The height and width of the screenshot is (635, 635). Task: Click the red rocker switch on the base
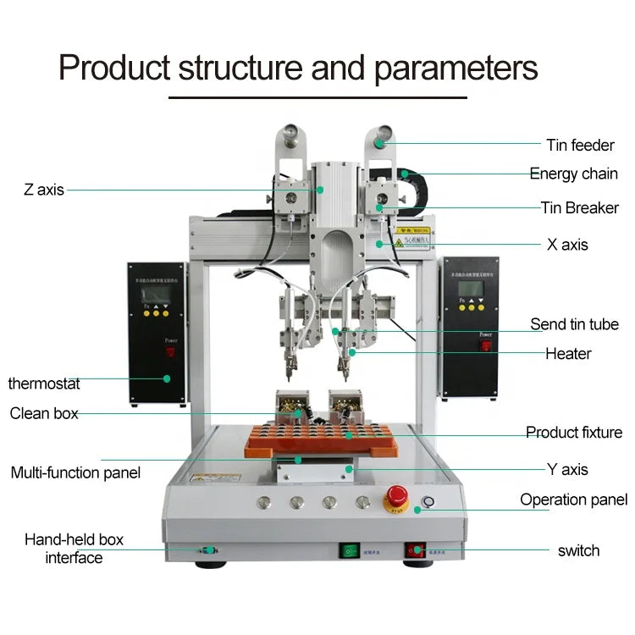[414, 550]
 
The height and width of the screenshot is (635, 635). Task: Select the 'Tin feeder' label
[580, 146]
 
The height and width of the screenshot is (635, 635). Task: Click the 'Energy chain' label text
[573, 174]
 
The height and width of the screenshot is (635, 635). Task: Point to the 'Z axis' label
[44, 190]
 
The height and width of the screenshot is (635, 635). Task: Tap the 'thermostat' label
[44, 384]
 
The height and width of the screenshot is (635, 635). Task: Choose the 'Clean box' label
[44, 413]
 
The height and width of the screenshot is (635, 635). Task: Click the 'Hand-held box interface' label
[74, 549]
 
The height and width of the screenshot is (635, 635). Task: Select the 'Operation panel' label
[573, 500]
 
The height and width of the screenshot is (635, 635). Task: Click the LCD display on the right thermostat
[470, 288]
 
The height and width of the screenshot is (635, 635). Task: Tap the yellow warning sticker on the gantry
[414, 230]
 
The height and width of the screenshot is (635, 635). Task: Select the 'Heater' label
[568, 353]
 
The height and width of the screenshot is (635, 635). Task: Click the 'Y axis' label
[567, 469]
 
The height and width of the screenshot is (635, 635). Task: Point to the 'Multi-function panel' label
[75, 472]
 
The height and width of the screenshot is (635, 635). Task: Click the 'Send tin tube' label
[574, 324]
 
